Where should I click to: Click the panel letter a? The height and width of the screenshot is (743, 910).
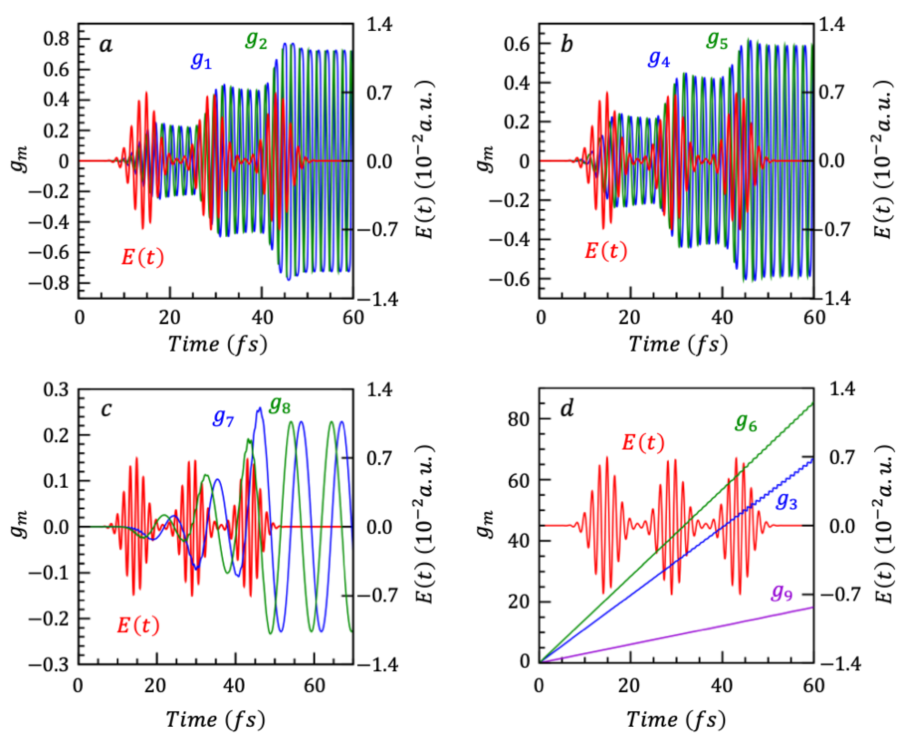pos(106,45)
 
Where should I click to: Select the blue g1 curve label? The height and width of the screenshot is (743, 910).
pos(201,61)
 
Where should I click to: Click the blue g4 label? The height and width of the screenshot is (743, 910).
pos(659,59)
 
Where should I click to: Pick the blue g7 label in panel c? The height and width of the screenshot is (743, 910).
pos(223,417)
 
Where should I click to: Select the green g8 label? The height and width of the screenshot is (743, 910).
pos(280,405)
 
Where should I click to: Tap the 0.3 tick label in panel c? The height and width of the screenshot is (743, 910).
pos(56,390)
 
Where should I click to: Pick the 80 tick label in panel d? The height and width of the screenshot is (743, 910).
pos(518,419)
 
